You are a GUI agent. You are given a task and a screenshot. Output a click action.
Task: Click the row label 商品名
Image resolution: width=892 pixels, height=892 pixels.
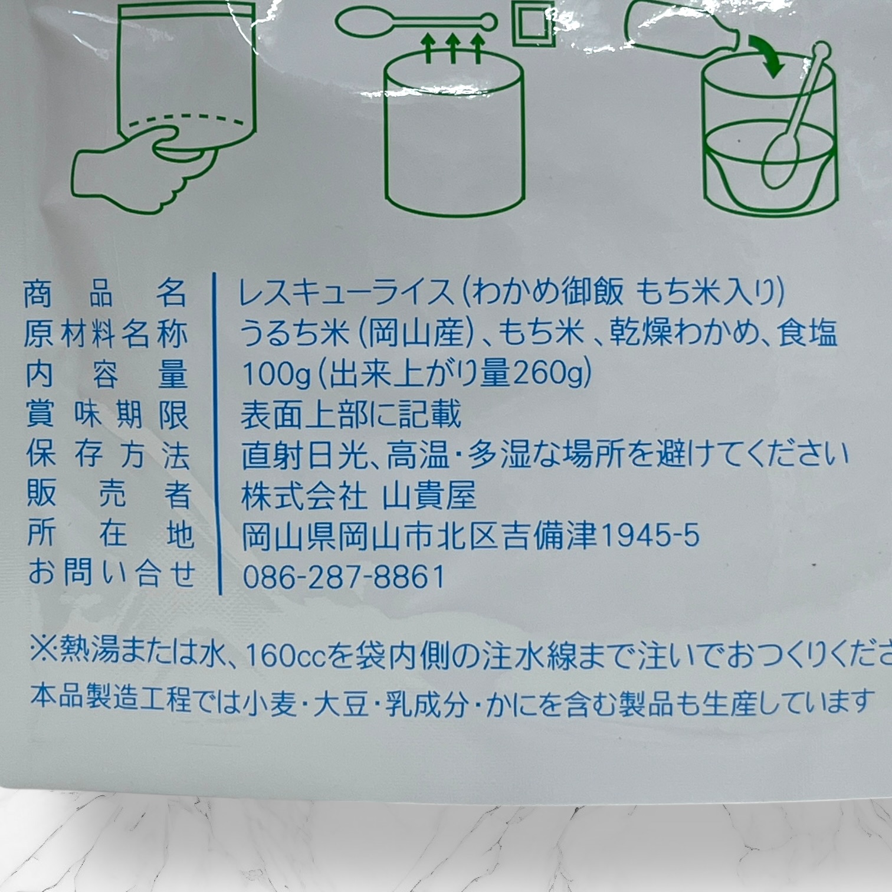coord(105,293)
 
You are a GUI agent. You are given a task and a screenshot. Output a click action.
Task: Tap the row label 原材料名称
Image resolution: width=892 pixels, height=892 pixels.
coord(106,334)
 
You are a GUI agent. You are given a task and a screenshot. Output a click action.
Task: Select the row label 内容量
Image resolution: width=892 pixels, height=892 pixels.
coord(106,374)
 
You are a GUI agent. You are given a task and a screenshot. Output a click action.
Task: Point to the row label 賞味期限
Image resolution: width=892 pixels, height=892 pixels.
coord(107,414)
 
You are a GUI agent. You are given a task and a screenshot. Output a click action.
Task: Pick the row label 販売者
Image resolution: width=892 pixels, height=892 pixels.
coord(109,494)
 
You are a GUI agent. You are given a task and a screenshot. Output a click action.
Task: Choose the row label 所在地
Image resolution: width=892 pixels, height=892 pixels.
coord(110,534)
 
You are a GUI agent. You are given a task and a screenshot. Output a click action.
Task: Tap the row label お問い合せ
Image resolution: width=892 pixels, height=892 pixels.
coord(112,574)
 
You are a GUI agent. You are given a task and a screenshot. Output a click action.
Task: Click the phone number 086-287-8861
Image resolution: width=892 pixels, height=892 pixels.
coord(344,576)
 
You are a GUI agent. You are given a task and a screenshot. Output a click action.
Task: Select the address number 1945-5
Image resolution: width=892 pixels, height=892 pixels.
coord(650,536)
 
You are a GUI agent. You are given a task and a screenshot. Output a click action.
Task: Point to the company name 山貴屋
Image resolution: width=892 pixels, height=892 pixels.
coord(429,496)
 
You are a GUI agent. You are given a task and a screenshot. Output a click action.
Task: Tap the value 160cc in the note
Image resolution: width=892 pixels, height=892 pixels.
coord(286,655)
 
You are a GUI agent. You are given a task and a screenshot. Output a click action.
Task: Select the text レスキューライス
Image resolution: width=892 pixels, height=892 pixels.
coord(346,293)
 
